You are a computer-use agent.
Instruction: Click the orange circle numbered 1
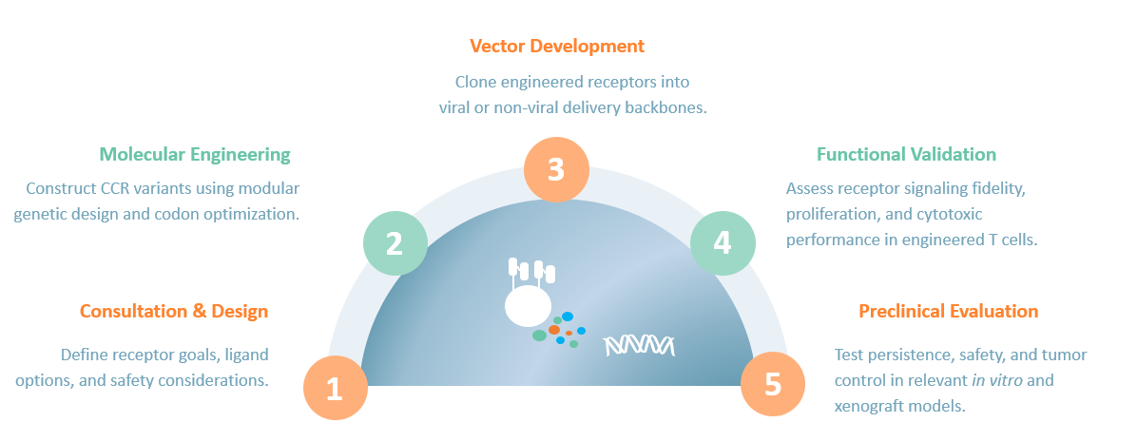click(x=335, y=388)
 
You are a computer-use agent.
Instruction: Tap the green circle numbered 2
click(x=395, y=243)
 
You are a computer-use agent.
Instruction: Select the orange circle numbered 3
click(x=556, y=169)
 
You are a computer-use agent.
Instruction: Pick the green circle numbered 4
click(x=723, y=243)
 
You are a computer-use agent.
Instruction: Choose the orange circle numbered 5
click(x=773, y=385)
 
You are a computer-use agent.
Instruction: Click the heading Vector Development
click(x=557, y=46)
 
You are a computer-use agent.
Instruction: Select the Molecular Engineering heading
click(x=195, y=154)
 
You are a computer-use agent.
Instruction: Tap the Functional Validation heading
click(x=906, y=154)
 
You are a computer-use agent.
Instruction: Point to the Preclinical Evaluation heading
click(x=948, y=311)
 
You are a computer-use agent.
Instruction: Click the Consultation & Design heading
click(x=174, y=311)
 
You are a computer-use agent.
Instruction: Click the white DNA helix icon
click(x=640, y=345)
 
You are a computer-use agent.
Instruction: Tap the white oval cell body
click(x=528, y=306)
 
